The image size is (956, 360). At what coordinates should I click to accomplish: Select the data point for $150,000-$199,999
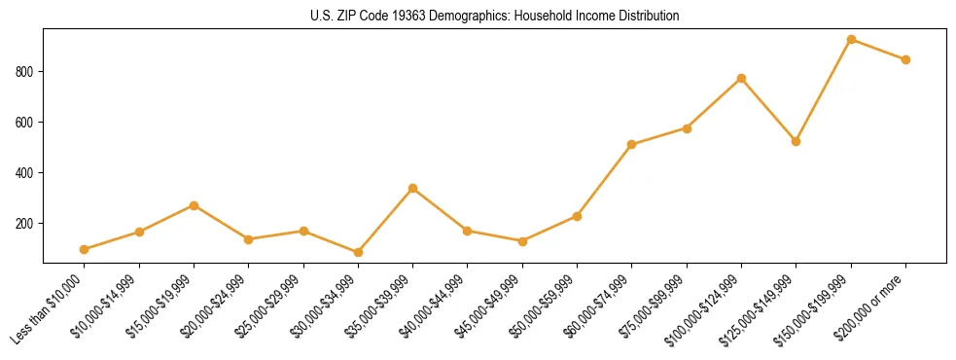851,40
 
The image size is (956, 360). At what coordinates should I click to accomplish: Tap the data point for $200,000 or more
905,59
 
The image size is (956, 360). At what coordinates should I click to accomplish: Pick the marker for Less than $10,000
85,249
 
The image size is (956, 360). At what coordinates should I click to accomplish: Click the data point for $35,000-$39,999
413,188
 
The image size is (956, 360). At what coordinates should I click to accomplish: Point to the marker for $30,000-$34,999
358,252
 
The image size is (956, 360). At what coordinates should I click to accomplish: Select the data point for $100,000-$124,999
741,78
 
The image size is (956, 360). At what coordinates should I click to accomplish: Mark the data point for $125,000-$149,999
796,141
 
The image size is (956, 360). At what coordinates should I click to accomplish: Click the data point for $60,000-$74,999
632,144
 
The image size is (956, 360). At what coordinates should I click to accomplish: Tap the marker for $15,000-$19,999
195,205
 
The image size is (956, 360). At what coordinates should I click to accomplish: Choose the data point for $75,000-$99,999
687,127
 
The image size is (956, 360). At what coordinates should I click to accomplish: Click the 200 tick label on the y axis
25,224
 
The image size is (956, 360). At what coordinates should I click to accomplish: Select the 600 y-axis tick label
25,123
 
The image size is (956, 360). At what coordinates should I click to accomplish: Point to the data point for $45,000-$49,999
522,241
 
